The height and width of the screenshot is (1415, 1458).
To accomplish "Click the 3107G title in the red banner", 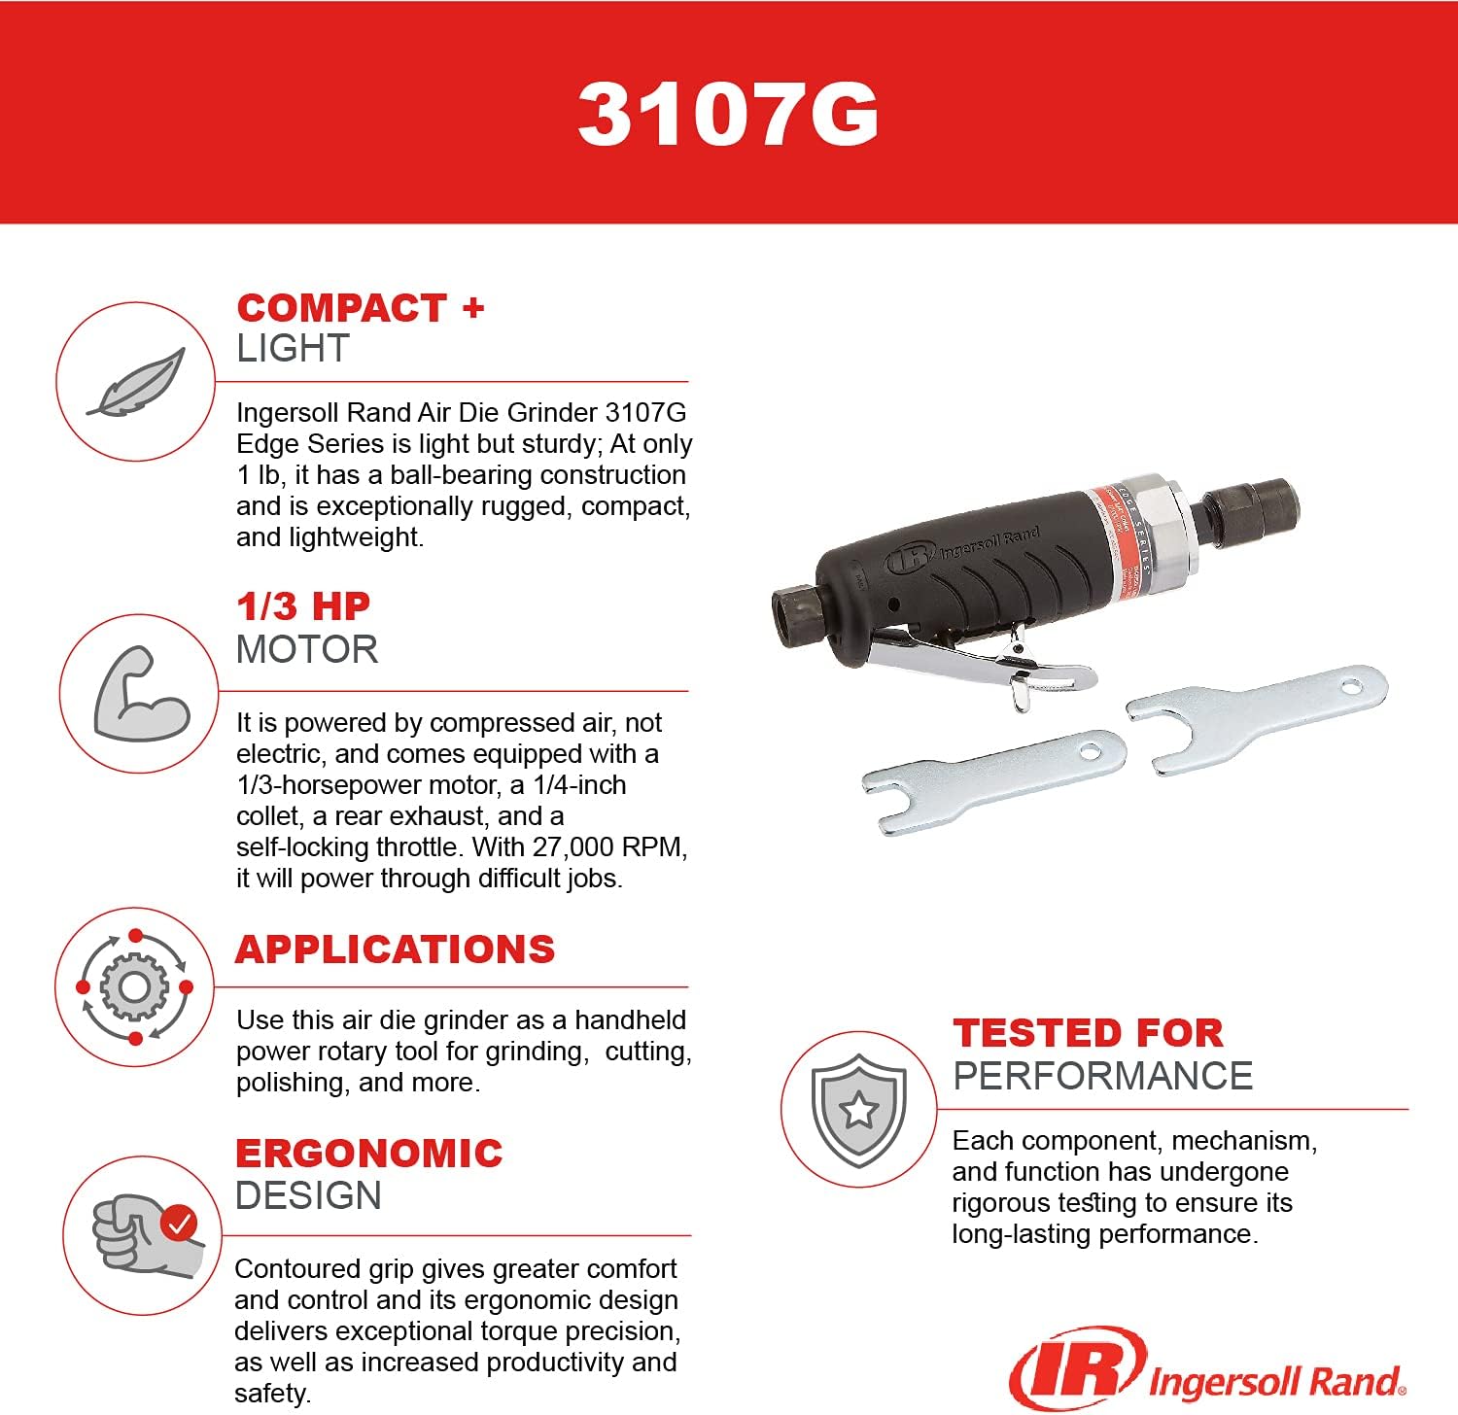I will coord(728,115).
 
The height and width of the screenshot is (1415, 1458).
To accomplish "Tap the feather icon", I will coord(136,382).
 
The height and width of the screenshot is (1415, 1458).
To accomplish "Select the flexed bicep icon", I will coord(140,694).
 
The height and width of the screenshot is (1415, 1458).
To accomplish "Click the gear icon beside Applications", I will coord(134,987).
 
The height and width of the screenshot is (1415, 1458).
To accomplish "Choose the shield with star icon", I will coord(858,1109).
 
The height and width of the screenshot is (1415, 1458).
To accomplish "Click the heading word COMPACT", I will coord(341,308).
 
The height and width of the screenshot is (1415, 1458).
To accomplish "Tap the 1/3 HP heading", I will coord(303,606).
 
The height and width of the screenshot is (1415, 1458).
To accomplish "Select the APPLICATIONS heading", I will coord(395,949).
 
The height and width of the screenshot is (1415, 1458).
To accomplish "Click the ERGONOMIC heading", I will coord(368,1154).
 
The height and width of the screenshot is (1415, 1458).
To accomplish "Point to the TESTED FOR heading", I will coord(1088,1033).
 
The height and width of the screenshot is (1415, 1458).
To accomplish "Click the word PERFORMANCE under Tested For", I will coord(1102,1076).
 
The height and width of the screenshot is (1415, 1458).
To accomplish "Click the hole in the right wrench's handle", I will coord(1351,688).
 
